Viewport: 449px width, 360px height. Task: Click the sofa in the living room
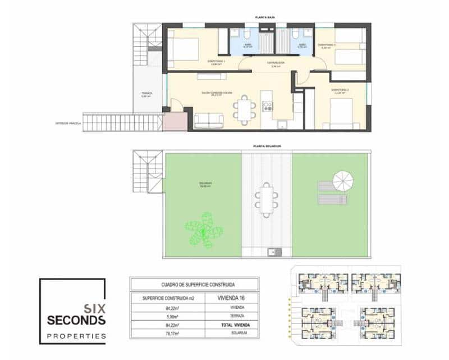[209, 120]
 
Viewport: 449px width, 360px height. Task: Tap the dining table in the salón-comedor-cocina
[244, 109]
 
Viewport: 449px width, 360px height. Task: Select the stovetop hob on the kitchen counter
[267, 106]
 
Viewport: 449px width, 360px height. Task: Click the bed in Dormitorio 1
[182, 49]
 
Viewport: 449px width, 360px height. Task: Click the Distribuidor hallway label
[275, 63]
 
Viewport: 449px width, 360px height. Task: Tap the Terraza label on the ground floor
[147, 94]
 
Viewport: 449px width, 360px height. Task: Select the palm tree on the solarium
[204, 229]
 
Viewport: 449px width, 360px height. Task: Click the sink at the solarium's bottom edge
[274, 251]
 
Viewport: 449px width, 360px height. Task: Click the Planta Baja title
[268, 18]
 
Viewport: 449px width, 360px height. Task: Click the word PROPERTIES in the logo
[76, 336]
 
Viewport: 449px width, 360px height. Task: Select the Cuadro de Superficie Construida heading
[194, 285]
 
